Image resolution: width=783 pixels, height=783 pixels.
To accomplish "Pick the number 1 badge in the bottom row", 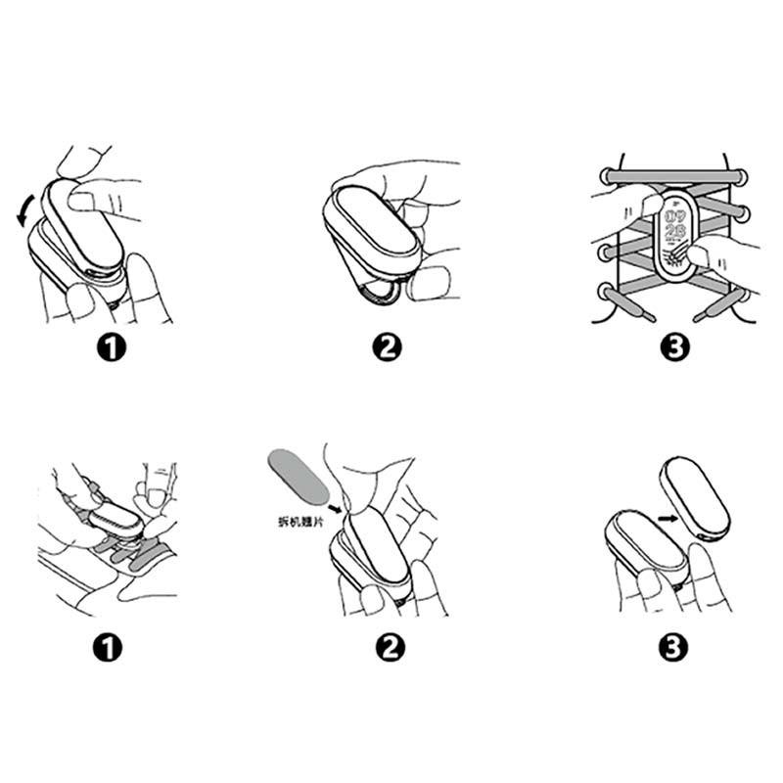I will [113, 646].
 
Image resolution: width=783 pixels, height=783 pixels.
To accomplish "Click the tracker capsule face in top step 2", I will [374, 221].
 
